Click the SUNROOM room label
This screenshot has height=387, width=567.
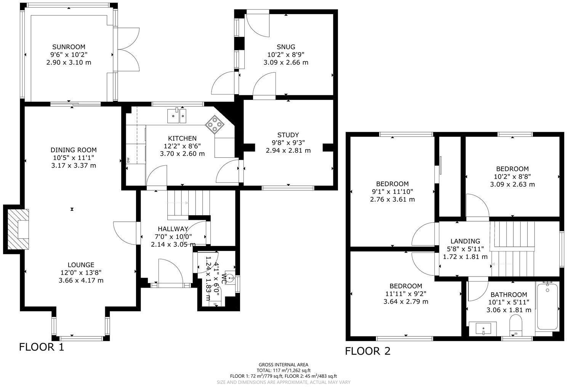[x=69, y=47]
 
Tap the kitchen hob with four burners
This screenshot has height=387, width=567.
[x=215, y=124]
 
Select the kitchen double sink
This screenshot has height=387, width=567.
[x=177, y=116]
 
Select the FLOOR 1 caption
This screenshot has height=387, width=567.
[x=42, y=347]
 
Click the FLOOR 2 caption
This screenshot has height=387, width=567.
[x=368, y=351]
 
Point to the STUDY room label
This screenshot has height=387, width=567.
[x=288, y=135]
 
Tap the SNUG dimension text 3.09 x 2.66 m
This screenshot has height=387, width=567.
[x=286, y=62]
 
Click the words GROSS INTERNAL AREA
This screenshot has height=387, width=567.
[x=283, y=365]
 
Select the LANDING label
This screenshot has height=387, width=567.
[x=465, y=241]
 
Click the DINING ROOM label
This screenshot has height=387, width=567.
[x=74, y=150]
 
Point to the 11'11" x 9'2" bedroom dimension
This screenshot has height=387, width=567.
[x=405, y=294]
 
